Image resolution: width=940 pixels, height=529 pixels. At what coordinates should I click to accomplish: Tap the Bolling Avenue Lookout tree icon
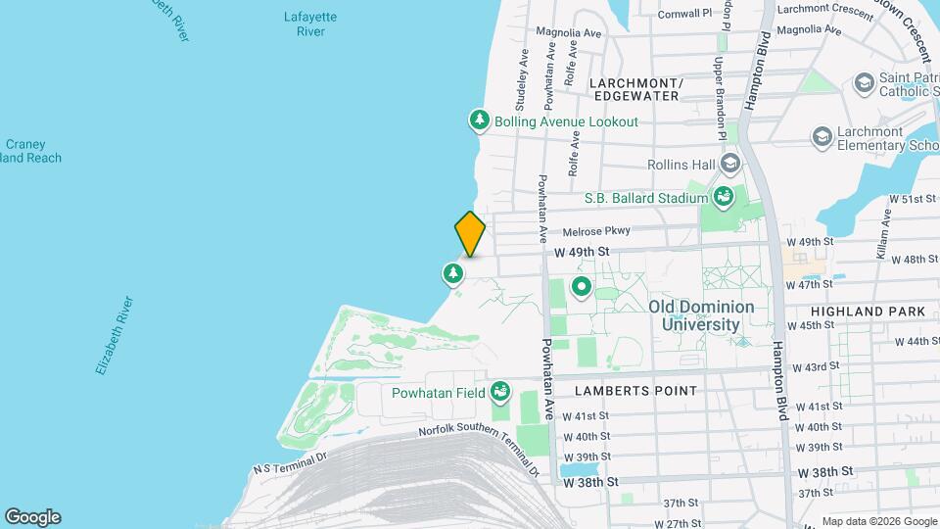[480, 121]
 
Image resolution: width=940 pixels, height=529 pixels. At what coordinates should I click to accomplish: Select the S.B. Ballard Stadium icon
[724, 198]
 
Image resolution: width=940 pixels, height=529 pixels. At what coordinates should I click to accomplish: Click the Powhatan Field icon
[501, 393]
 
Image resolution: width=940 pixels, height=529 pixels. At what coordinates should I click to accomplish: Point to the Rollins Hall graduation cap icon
[728, 165]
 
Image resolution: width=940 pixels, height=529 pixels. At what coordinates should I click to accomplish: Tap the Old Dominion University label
[701, 315]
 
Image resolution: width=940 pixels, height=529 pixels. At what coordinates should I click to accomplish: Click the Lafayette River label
[309, 24]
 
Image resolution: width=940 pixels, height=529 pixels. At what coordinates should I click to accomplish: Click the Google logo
[32, 516]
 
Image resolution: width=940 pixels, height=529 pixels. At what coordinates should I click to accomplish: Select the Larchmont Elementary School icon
[822, 137]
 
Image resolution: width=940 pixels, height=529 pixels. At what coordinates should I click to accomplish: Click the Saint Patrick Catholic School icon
[864, 82]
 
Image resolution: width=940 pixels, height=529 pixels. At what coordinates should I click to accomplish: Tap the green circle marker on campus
[581, 288]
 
